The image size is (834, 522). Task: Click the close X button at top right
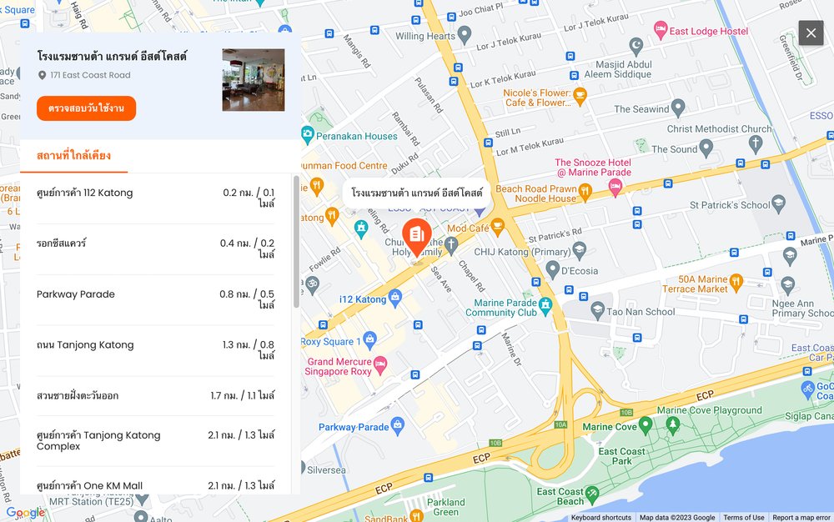(811, 33)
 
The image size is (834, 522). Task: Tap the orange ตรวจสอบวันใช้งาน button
(86, 108)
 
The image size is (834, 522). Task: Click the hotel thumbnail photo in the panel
(253, 80)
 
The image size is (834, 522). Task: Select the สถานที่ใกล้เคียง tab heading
(73, 155)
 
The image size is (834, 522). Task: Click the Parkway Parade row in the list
(155, 299)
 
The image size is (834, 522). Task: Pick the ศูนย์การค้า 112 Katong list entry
(155, 198)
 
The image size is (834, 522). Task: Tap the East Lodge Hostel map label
(709, 31)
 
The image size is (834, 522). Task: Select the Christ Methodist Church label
(719, 129)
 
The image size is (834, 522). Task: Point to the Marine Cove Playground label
(709, 410)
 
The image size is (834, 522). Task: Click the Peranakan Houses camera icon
(307, 134)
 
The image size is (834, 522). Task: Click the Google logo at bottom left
(25, 512)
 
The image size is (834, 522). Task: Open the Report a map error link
(801, 518)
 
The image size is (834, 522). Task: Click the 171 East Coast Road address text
(90, 75)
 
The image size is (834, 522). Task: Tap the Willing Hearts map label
(425, 36)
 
